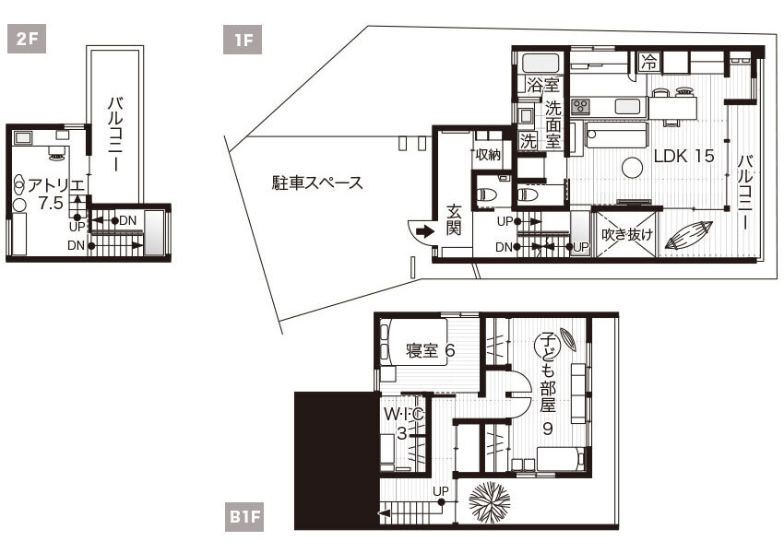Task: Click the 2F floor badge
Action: pyautogui.click(x=27, y=39)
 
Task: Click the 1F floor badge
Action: pyautogui.click(x=243, y=39)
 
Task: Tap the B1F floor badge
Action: pyautogui.click(x=244, y=516)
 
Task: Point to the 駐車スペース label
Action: pyautogui.click(x=317, y=182)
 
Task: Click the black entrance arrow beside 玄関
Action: pyautogui.click(x=425, y=231)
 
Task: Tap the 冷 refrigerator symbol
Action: pyautogui.click(x=649, y=62)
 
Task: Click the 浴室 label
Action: pyautogui.click(x=542, y=85)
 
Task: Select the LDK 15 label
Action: pyautogui.click(x=684, y=156)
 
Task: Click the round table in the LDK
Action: pyautogui.click(x=632, y=168)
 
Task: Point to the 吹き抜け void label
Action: pyautogui.click(x=627, y=234)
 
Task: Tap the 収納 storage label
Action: pyautogui.click(x=488, y=155)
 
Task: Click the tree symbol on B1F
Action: pyautogui.click(x=490, y=502)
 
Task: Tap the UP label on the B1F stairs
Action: pyautogui.click(x=441, y=491)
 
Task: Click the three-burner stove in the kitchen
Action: pyautogui.click(x=580, y=106)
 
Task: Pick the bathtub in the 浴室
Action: pyautogui.click(x=541, y=64)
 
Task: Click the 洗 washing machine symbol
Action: pyautogui.click(x=528, y=141)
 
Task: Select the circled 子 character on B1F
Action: pyautogui.click(x=547, y=344)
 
